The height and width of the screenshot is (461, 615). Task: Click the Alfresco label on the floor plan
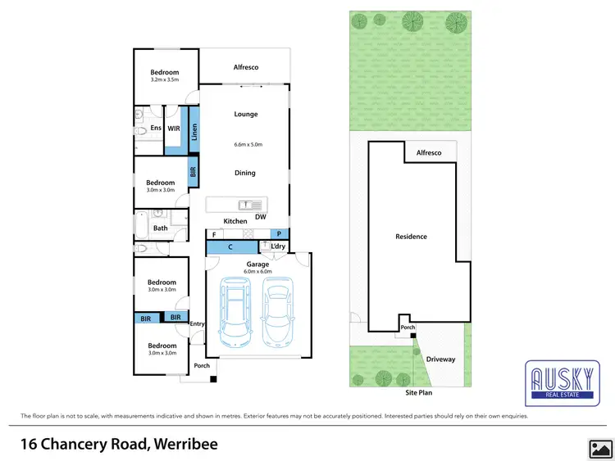(x=246, y=67)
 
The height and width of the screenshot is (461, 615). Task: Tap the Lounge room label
(x=246, y=115)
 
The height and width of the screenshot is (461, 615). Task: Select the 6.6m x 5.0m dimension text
(x=246, y=145)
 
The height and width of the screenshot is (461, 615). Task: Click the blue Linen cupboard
(x=194, y=132)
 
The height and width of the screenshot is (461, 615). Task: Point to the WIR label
(x=174, y=129)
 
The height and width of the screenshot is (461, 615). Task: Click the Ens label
(x=155, y=129)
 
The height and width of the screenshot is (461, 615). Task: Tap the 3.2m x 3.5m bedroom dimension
(x=165, y=81)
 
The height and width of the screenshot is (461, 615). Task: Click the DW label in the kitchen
(x=260, y=217)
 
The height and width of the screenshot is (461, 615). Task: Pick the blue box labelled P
(x=279, y=234)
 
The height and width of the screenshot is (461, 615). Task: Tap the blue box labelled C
(x=232, y=247)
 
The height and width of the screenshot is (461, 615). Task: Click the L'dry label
(x=278, y=246)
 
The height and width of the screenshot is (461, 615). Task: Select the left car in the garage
(x=236, y=312)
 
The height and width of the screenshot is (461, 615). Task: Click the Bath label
(x=161, y=228)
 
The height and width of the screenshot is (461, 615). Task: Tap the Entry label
(x=197, y=324)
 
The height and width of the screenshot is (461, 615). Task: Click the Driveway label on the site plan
(x=440, y=359)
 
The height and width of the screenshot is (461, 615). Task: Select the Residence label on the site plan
(x=411, y=237)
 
